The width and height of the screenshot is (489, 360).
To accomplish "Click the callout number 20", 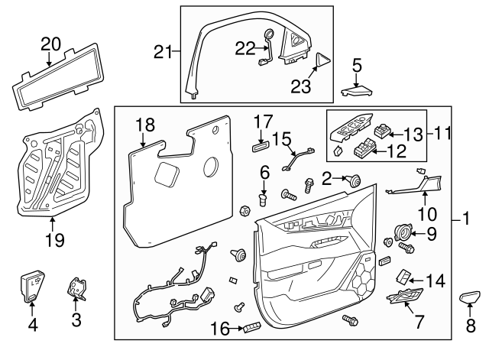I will (50, 44).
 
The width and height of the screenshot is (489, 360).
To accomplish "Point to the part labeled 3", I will (77, 290).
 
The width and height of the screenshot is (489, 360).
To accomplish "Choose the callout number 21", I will (161, 52).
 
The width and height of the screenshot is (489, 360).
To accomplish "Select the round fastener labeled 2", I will (355, 181).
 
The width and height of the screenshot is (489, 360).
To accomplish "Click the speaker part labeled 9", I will (402, 232).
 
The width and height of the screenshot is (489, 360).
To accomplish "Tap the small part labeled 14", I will (405, 275).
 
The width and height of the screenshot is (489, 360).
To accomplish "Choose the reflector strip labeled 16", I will (254, 329).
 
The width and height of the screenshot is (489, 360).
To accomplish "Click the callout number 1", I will (465, 220).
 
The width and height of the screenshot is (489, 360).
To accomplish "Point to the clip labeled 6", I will (263, 200).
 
